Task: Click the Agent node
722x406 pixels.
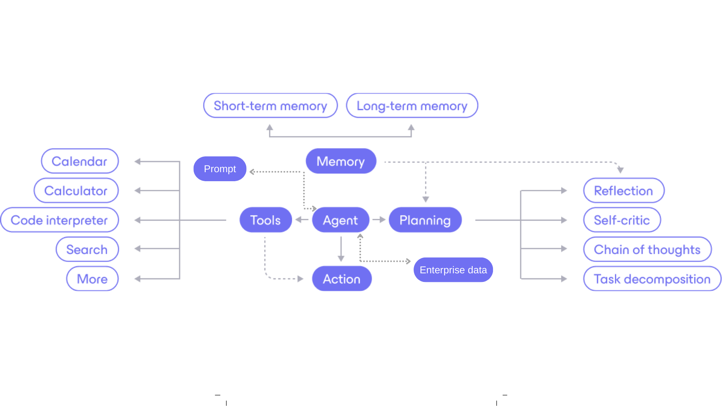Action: coord(340,220)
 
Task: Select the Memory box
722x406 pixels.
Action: coord(341,161)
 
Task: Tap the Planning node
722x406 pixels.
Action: coord(425,220)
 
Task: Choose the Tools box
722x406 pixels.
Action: coord(265,220)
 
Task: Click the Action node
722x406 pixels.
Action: coord(341,279)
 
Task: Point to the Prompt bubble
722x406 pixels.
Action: coord(220,169)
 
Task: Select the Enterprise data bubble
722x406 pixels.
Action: coord(453,270)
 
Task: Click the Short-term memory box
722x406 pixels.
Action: coord(270,106)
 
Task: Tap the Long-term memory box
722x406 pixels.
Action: coord(412,106)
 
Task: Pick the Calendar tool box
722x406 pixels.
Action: coord(80,161)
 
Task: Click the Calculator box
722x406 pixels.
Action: coord(76,191)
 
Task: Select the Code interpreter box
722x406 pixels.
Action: coord(59,220)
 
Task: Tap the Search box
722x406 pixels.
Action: coord(87,249)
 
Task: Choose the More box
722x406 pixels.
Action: coord(92,279)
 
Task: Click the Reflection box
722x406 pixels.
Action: coord(623,191)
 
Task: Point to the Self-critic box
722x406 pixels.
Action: coord(622,220)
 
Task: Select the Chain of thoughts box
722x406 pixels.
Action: coord(647,249)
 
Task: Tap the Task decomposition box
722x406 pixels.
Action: coord(652,279)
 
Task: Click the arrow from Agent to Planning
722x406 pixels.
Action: coord(379,220)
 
